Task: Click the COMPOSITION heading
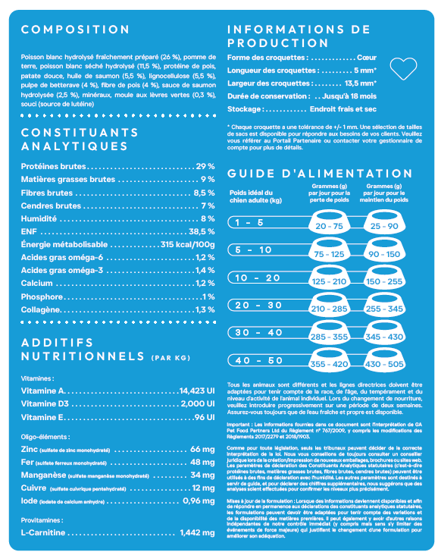(x=75, y=30)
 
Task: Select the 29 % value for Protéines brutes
(x=205, y=166)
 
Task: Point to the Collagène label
(x=42, y=309)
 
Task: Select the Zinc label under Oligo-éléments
(x=30, y=449)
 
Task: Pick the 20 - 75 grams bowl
(x=329, y=226)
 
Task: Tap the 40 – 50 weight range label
(x=254, y=360)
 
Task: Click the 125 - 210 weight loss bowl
(x=329, y=281)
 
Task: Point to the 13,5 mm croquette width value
(x=361, y=83)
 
